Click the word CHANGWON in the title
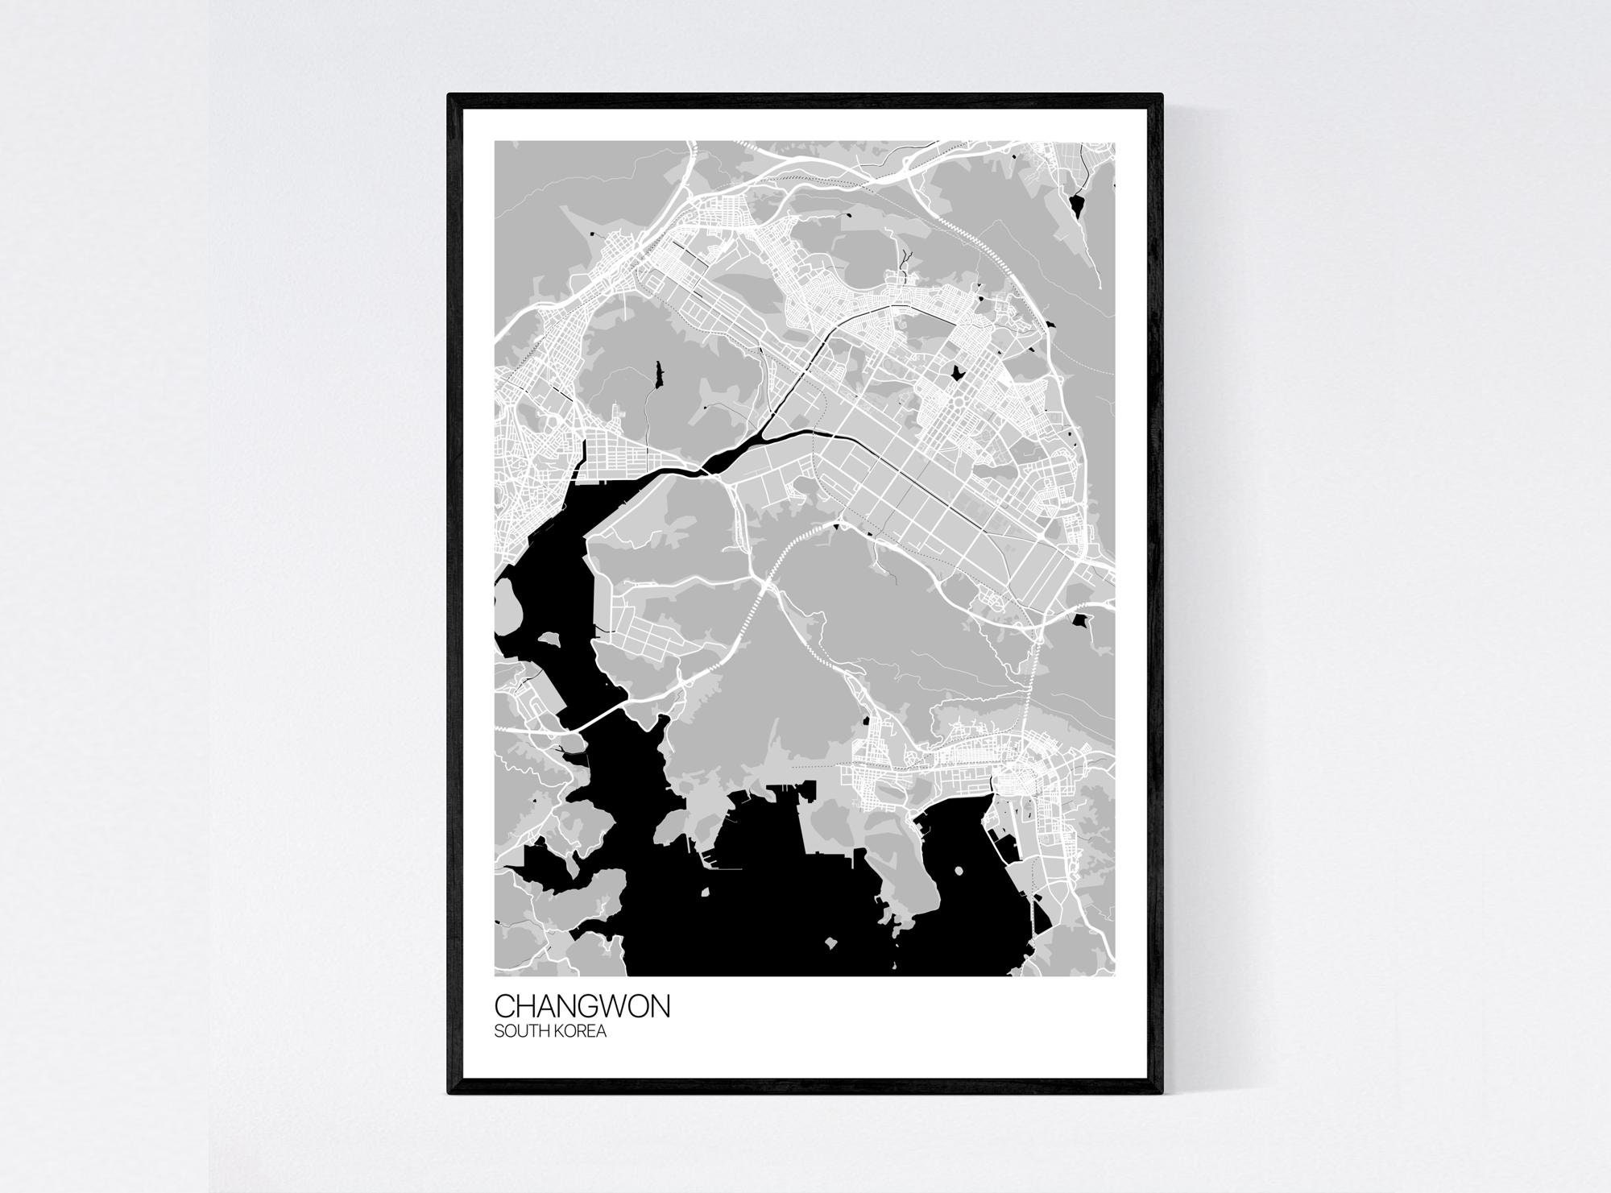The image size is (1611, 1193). pyautogui.click(x=582, y=1008)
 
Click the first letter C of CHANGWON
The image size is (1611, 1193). pyautogui.click(x=504, y=1008)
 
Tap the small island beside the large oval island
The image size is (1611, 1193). pyautogui.click(x=549, y=639)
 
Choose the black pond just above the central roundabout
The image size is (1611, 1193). pyautogui.click(x=958, y=374)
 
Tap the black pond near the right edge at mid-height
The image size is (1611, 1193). pyautogui.click(x=1079, y=620)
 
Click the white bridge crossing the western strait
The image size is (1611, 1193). pyautogui.click(x=598, y=714)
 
